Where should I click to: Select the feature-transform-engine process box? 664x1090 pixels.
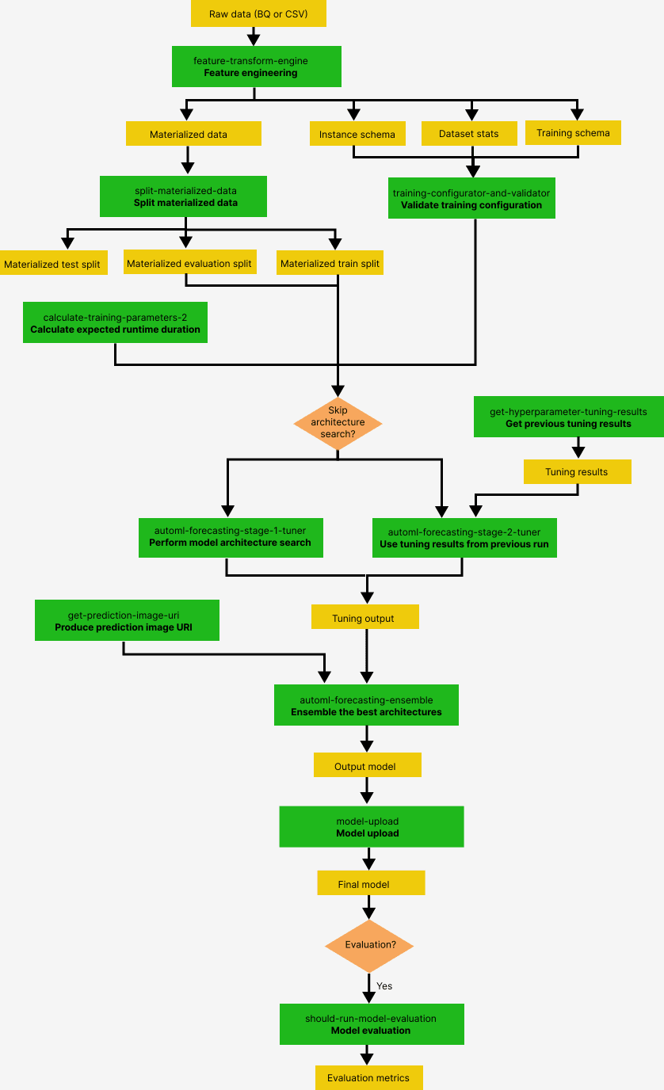256,67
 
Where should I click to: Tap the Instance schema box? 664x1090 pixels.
357,134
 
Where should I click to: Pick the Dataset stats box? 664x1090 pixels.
468,133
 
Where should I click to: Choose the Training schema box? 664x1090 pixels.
573,132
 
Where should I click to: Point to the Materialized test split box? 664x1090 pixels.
52,264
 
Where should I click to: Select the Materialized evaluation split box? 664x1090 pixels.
189,263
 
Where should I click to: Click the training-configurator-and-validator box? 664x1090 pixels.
471,198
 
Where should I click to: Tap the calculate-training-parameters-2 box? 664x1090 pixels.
115,322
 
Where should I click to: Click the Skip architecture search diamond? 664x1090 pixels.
338,423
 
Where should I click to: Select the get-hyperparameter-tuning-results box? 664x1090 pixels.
568,417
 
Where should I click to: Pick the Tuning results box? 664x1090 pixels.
577,472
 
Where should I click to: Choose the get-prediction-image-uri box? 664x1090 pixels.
124,620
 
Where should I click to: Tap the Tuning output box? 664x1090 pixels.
364,617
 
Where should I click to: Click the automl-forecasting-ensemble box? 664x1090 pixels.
366,705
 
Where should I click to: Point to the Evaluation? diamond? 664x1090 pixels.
369,945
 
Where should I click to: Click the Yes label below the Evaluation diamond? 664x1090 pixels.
384,986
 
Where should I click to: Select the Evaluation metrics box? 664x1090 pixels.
368,1077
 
